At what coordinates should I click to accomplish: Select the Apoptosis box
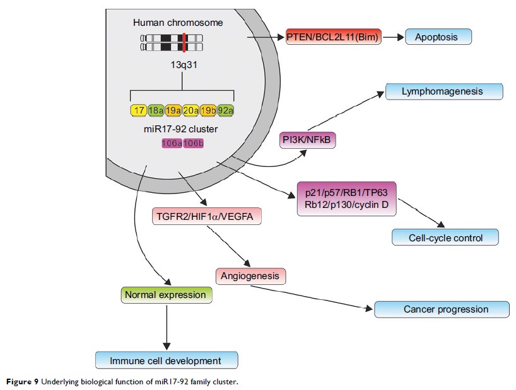point(438,37)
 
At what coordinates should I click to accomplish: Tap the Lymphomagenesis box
point(443,91)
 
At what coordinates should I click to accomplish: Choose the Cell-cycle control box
point(445,238)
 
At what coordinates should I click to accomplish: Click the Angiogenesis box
point(251,275)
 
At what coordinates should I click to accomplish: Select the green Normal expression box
point(165,294)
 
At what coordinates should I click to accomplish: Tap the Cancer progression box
point(442,309)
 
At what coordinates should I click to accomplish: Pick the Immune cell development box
point(166,360)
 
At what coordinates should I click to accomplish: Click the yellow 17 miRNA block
point(139,111)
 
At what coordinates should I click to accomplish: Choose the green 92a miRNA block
point(226,111)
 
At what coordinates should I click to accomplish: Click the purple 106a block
point(172,144)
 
